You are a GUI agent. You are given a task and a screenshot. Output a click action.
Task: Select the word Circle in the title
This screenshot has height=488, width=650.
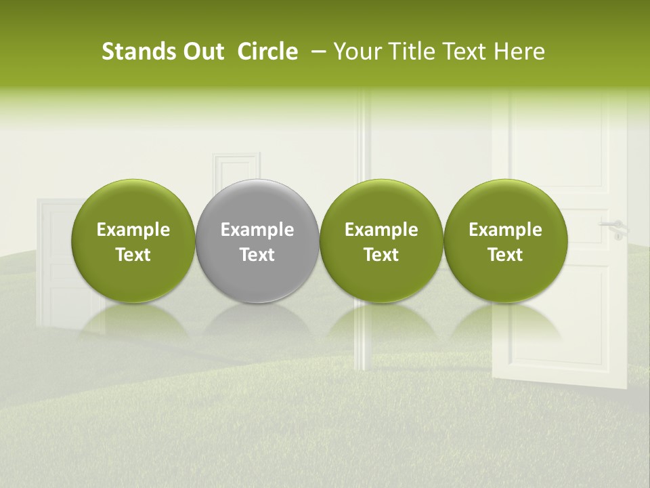(267, 52)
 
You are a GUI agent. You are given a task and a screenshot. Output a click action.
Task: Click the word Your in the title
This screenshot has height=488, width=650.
(355, 52)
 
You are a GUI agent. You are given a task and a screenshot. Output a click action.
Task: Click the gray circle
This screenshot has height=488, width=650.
(257, 203)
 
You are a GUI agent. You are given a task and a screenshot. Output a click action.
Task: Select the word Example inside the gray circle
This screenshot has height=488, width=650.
(257, 230)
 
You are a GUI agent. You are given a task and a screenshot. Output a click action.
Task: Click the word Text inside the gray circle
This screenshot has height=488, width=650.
(257, 255)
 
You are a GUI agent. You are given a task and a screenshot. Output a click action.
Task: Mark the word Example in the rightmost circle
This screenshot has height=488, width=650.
(506, 230)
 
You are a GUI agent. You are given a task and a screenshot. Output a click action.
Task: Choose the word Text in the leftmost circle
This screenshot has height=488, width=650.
(133, 255)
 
